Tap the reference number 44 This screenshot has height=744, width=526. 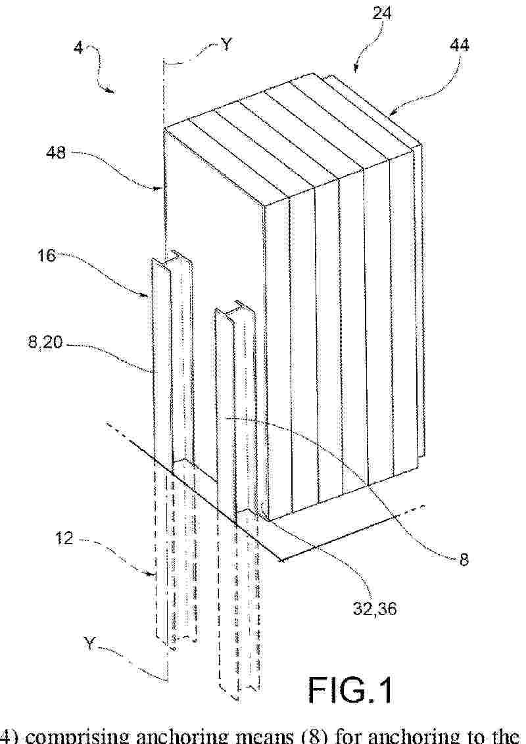click(459, 45)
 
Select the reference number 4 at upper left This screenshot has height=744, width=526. click(78, 49)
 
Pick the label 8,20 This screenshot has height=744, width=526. click(45, 342)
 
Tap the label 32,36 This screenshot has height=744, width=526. click(375, 609)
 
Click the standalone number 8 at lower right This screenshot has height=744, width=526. click(464, 559)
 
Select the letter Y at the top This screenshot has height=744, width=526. click(226, 45)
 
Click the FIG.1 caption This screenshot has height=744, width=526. click(351, 690)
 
